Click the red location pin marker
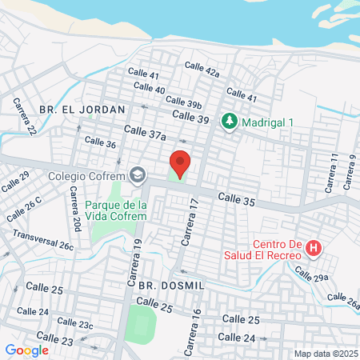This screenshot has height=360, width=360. pyautogui.click(x=180, y=163)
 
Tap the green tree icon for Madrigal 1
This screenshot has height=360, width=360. pyautogui.click(x=230, y=121)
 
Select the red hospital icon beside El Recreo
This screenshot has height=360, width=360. pyautogui.click(x=314, y=249)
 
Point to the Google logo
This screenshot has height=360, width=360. pyautogui.click(x=26, y=350)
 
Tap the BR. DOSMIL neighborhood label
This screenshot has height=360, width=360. pyautogui.click(x=172, y=285)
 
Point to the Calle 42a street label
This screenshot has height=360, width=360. pyautogui.click(x=202, y=70)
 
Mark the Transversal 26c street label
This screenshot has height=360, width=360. pyautogui.click(x=43, y=241)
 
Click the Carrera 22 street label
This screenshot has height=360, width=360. pyautogui.click(x=24, y=116)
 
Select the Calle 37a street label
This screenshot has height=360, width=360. pyautogui.click(x=145, y=132)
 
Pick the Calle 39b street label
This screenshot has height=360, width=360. pyautogui.click(x=183, y=102)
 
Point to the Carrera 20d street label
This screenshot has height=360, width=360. pyautogui.click(x=74, y=214)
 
